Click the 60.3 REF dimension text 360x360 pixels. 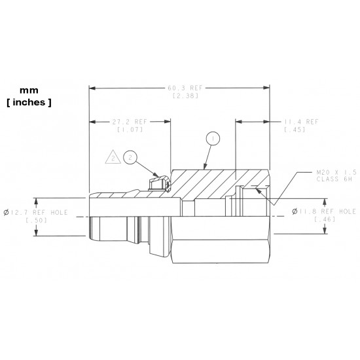pos(181,88)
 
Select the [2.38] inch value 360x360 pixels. pos(181,96)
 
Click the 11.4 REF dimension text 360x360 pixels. pos(301,122)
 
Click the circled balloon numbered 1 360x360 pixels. pos(211,139)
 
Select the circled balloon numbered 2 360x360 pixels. pos(130,157)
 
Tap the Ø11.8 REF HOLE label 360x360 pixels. pos(323,211)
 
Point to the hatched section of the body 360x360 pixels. pos(209,183)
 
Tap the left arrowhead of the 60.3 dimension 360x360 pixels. pos(92,88)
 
